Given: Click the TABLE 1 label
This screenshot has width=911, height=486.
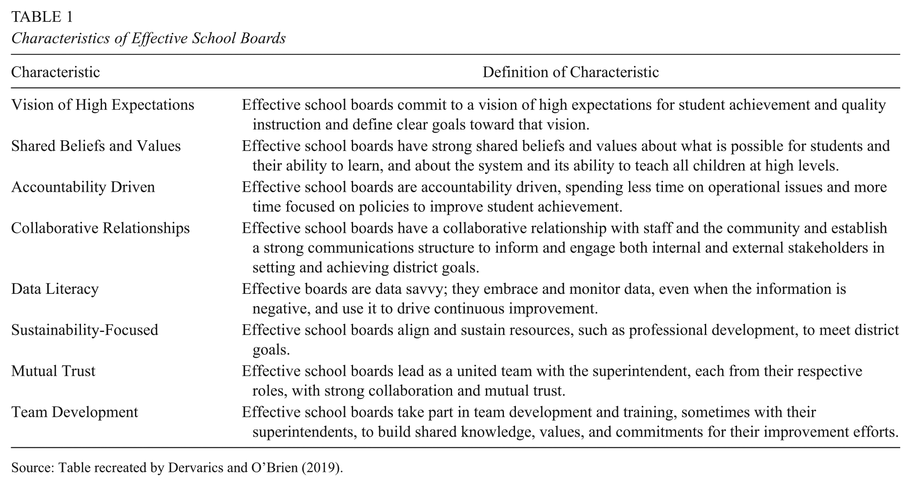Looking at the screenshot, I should (42, 17).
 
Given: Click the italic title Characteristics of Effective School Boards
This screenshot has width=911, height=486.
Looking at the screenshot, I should (148, 38).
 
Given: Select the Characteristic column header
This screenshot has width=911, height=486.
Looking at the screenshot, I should (55, 72).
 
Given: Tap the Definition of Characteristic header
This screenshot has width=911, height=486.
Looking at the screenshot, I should (570, 72).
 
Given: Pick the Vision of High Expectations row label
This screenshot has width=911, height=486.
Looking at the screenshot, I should (102, 105).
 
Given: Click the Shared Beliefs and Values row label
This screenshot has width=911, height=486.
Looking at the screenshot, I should (96, 146).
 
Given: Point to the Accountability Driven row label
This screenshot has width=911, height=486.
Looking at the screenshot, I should (83, 187).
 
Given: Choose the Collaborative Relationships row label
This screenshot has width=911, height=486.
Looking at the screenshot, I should (100, 228).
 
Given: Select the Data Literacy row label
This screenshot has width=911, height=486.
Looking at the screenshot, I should (55, 289).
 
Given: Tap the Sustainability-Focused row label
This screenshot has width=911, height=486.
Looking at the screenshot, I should (84, 330).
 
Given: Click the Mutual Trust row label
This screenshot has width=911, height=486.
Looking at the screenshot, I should (53, 371).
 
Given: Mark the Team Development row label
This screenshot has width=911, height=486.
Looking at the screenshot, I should (75, 412).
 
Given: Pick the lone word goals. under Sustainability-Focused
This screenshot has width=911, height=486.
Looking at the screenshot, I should (271, 350).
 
